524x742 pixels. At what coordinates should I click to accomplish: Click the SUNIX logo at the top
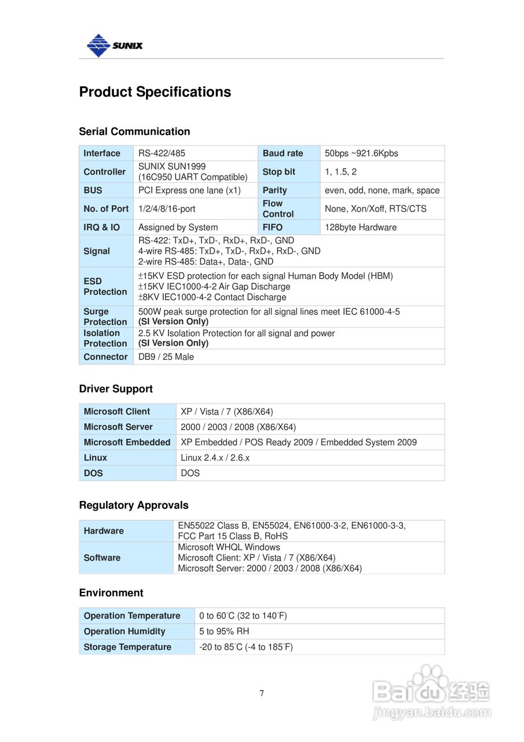click(x=114, y=45)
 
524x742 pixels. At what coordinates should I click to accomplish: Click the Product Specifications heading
click(x=155, y=92)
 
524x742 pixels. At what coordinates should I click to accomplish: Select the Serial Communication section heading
click(x=134, y=132)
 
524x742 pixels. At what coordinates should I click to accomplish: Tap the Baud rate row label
click(x=283, y=153)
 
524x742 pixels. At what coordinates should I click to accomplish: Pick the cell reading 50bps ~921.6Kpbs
click(x=361, y=153)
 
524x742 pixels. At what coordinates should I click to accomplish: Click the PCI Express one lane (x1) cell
click(x=189, y=190)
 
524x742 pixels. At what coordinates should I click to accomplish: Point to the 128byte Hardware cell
click(x=361, y=227)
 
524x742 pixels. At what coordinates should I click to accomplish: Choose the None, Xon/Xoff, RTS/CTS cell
click(x=375, y=209)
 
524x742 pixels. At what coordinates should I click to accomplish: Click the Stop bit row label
click(x=279, y=172)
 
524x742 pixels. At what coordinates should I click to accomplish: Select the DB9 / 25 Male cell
click(x=166, y=357)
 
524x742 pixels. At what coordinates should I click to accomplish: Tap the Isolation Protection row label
click(x=105, y=338)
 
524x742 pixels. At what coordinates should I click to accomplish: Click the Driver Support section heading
click(x=116, y=389)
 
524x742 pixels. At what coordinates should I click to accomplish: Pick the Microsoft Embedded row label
click(x=127, y=442)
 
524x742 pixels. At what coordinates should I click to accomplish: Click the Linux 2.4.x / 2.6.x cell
click(x=215, y=457)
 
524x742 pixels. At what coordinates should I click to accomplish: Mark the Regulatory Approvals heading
click(x=134, y=505)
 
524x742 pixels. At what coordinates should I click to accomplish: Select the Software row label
click(x=102, y=558)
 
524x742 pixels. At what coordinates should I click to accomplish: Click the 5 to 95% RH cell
click(x=224, y=631)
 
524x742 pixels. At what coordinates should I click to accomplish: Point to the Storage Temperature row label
click(x=127, y=647)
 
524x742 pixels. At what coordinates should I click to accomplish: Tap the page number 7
click(x=262, y=693)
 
